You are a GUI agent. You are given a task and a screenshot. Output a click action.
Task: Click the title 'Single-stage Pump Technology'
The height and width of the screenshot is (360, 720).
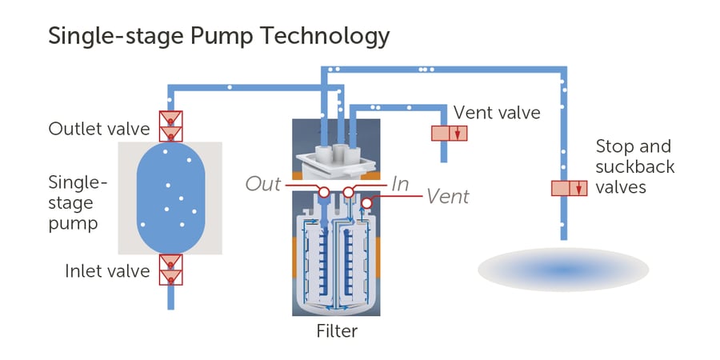pyautogui.click(x=219, y=36)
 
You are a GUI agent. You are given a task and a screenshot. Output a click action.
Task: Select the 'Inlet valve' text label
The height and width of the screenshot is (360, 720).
pyautogui.click(x=107, y=271)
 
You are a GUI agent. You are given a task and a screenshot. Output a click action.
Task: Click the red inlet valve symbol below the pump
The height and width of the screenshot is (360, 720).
pyautogui.click(x=170, y=270)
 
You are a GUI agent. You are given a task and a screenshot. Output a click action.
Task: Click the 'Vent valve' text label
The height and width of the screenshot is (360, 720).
pyautogui.click(x=497, y=113)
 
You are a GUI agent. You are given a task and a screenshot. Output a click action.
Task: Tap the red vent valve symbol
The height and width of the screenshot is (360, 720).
pyautogui.click(x=450, y=133)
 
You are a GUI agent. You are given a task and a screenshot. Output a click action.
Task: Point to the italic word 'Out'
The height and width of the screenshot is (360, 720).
pyautogui.click(x=263, y=184)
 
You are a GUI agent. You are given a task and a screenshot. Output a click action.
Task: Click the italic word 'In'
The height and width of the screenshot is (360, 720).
pyautogui.click(x=401, y=184)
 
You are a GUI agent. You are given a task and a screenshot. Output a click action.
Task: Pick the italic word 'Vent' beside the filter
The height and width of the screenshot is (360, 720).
pyautogui.click(x=448, y=196)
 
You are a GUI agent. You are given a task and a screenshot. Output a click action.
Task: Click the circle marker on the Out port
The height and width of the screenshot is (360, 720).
pyautogui.click(x=324, y=193)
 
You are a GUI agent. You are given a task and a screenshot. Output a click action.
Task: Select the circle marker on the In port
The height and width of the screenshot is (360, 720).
pyautogui.click(x=349, y=193)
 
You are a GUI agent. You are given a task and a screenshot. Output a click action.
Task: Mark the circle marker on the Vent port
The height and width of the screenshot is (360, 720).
pyautogui.click(x=366, y=204)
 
